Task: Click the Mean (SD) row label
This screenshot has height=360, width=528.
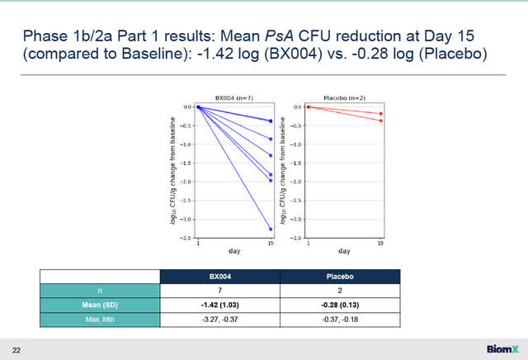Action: pos(101,305)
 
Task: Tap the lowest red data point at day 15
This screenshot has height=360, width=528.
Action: pos(380,121)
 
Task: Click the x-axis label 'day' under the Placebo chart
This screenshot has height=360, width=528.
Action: pos(344,251)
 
